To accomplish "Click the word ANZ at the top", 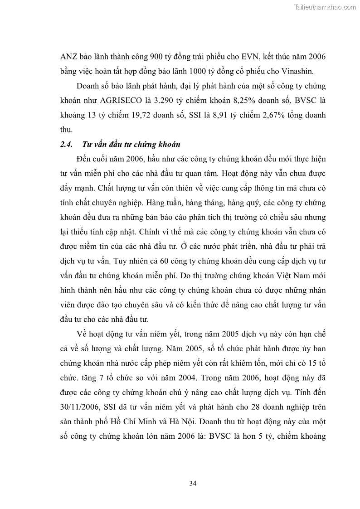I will [69, 56].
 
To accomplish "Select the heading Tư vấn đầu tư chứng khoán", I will [131, 145].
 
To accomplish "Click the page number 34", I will [193, 484].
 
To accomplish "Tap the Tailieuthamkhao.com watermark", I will [326, 7].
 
